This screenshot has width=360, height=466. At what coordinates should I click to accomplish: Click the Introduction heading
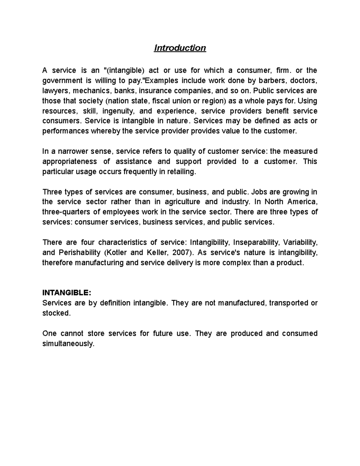[180, 48]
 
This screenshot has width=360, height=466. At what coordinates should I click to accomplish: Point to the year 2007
[181, 253]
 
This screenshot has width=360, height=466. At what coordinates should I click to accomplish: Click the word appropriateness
[70, 162]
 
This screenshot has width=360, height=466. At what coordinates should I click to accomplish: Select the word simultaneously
[68, 344]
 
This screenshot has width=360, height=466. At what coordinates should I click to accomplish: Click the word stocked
[56, 313]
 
